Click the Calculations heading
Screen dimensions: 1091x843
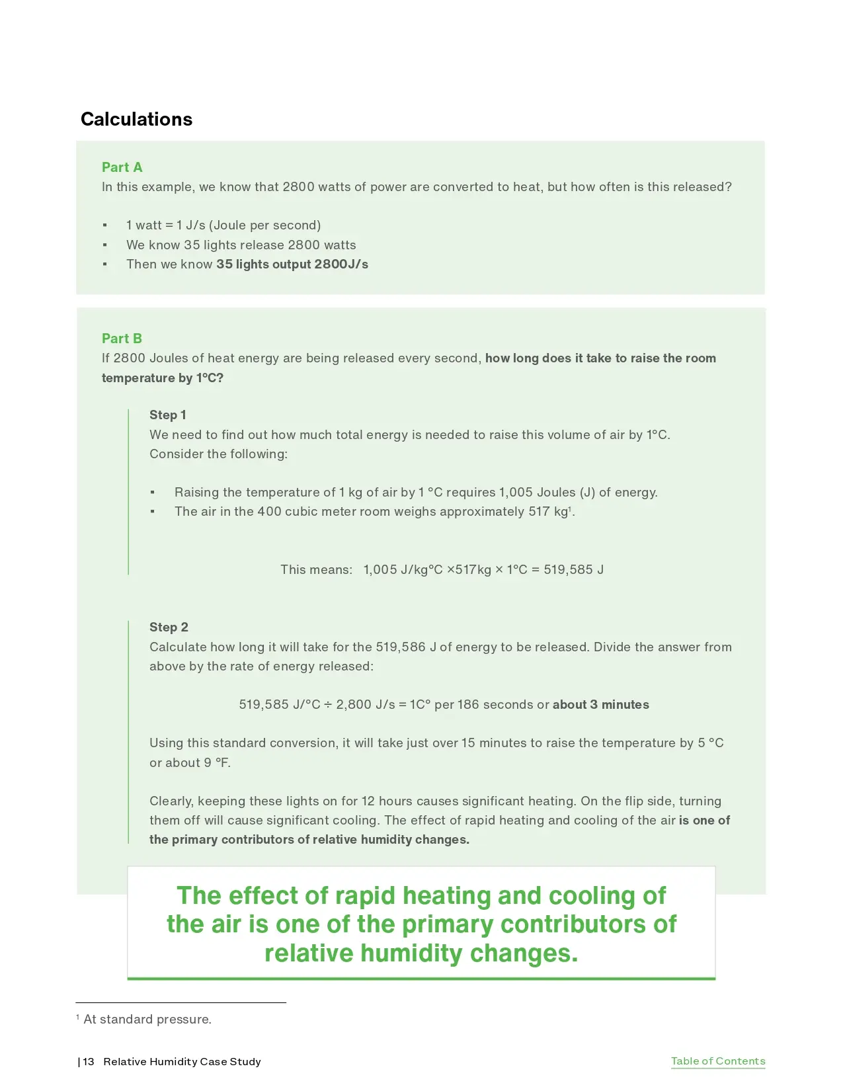pos(136,119)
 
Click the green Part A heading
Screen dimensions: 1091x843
pos(122,167)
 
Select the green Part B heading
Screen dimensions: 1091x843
pos(122,339)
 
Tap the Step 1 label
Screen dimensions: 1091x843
pos(167,415)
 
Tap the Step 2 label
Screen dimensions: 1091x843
pos(169,627)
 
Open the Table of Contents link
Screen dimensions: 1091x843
pos(717,1061)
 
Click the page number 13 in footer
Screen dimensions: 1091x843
pos(89,1062)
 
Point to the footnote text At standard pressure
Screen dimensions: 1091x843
pos(147,1020)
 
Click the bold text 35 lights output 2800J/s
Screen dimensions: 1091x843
pos(292,264)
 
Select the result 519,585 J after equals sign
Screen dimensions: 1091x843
pos(573,570)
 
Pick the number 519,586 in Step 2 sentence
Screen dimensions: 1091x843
pos(401,647)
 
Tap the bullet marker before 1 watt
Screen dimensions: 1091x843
pos(104,225)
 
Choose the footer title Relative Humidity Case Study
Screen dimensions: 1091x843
pos(182,1062)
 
